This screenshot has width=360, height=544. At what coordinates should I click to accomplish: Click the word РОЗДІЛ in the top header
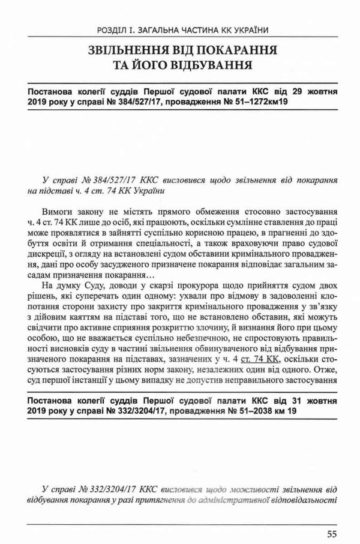click(x=112, y=29)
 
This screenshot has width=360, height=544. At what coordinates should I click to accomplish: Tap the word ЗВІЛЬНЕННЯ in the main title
click(x=129, y=50)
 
